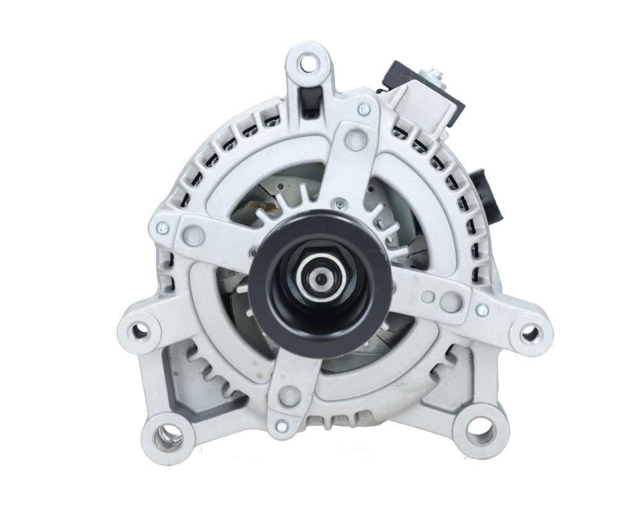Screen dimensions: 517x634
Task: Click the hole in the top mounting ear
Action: point(308,63)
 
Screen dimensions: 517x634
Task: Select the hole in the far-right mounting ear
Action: point(530,334)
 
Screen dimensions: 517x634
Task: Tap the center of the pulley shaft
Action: point(321,280)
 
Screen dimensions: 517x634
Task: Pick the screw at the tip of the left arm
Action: point(163,228)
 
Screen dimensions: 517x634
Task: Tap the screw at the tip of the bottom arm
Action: point(282,426)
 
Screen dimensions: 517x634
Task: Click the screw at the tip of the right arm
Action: point(482,310)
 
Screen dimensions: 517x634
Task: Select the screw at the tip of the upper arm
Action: point(364,110)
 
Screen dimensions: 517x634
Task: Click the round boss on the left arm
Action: point(194,235)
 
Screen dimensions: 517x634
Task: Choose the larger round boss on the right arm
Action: point(451,302)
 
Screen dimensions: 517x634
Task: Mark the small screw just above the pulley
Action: point(339,202)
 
